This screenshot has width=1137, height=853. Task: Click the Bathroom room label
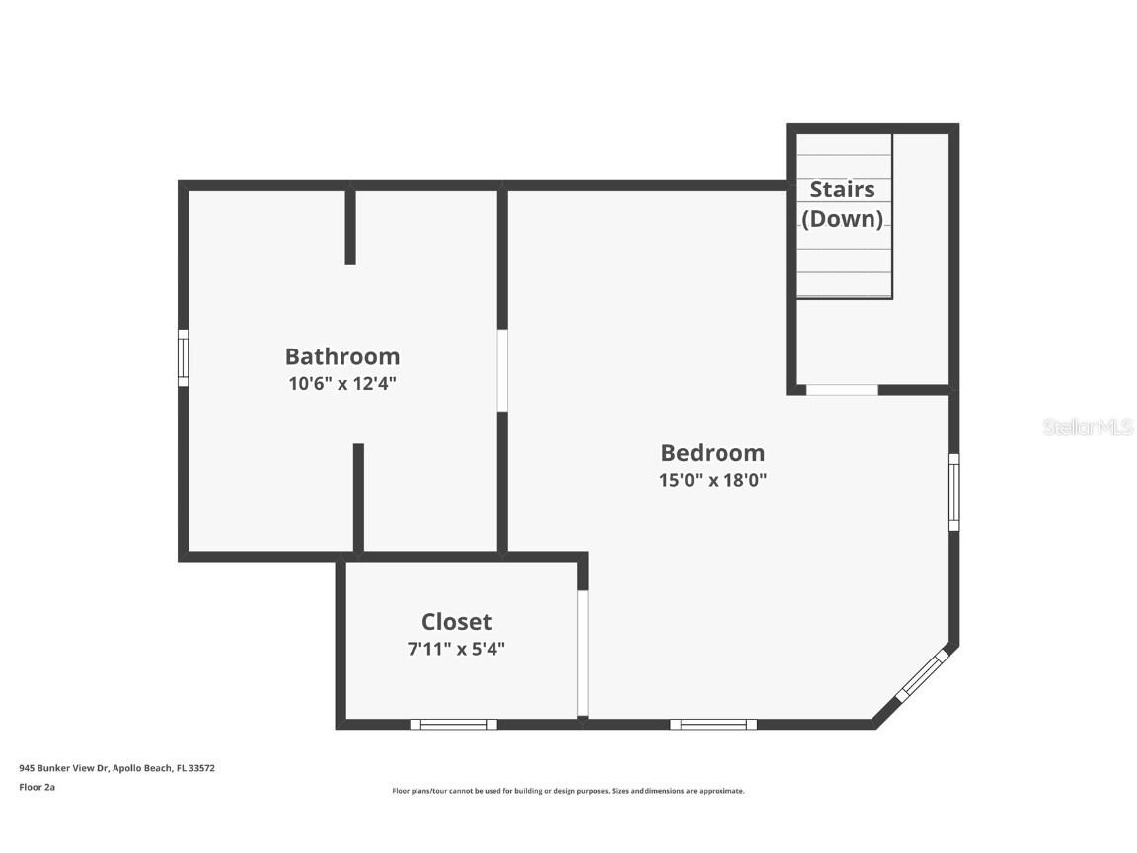pyautogui.click(x=342, y=356)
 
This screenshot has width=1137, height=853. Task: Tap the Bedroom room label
pyautogui.click(x=713, y=453)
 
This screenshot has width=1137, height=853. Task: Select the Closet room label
pyautogui.click(x=456, y=622)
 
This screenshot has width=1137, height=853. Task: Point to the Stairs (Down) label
pyautogui.click(x=842, y=204)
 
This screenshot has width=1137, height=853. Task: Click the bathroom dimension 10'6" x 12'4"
pyautogui.click(x=342, y=383)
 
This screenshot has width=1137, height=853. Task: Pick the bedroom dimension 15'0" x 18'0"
pyautogui.click(x=713, y=481)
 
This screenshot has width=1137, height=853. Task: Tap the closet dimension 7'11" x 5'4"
pyautogui.click(x=456, y=649)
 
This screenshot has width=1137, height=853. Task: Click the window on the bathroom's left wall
pyautogui.click(x=183, y=357)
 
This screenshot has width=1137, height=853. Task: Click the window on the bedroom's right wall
pyautogui.click(x=953, y=492)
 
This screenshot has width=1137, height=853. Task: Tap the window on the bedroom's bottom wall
pyautogui.click(x=714, y=724)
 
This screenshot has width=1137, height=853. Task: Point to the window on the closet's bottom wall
pyautogui.click(x=454, y=724)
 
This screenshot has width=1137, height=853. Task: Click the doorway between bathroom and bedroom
pyautogui.click(x=502, y=370)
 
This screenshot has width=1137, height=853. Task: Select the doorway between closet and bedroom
pyautogui.click(x=583, y=654)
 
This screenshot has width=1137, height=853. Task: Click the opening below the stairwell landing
pyautogui.click(x=842, y=390)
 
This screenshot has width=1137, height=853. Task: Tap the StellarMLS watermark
pyautogui.click(x=1088, y=427)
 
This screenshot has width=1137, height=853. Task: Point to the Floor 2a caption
pyautogui.click(x=37, y=787)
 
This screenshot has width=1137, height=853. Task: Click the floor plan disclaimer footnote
pyautogui.click(x=568, y=791)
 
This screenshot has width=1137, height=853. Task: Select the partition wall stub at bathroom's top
pyautogui.click(x=350, y=225)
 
